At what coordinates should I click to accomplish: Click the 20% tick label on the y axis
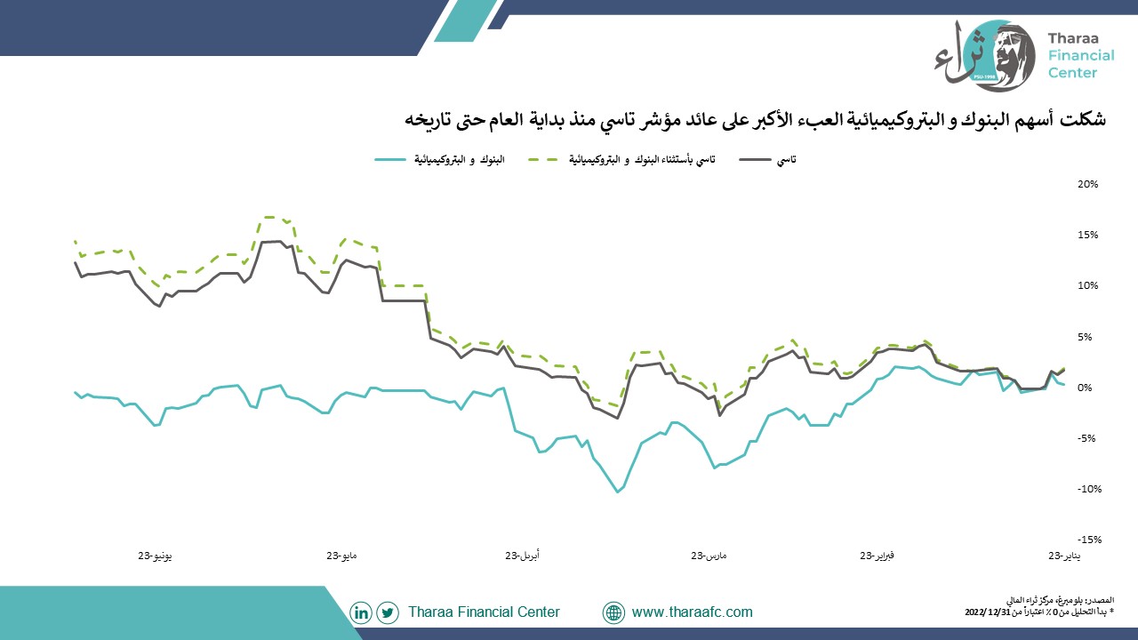point(1087,184)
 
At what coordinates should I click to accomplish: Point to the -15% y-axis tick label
point(1089,540)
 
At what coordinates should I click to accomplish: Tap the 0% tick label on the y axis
point(1085,388)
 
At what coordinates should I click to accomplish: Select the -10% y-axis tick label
point(1089,489)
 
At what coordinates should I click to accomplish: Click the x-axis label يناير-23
point(1064,556)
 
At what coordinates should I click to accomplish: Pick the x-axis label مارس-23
point(709,556)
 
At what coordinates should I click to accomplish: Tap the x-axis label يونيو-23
point(155,556)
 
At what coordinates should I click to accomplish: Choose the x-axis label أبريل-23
point(522,556)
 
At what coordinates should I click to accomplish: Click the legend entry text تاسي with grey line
point(787,160)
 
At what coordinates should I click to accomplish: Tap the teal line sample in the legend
point(390,159)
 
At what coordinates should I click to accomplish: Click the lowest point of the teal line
point(618,492)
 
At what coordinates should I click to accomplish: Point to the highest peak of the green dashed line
point(269,218)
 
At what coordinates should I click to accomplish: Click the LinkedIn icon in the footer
point(361,612)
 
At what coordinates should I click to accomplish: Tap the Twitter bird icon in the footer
point(388,612)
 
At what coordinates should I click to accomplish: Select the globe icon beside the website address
point(613,612)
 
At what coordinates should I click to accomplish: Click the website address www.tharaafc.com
point(692,612)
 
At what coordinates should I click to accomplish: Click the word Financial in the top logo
point(1081,55)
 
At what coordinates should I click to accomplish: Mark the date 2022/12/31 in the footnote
point(986,612)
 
